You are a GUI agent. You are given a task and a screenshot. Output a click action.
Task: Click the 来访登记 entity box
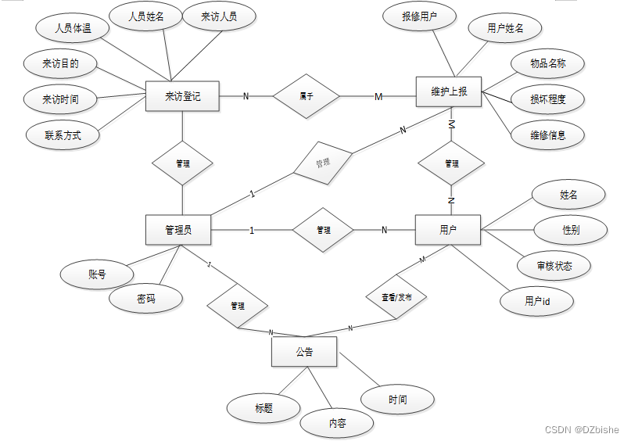coord(182,96)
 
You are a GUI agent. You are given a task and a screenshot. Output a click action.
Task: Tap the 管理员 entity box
coord(178,230)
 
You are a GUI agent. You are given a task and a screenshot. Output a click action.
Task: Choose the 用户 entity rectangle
coord(447,230)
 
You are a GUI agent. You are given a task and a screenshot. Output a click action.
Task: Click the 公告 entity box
coord(304,352)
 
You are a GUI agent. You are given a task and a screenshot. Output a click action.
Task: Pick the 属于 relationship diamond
coord(307,96)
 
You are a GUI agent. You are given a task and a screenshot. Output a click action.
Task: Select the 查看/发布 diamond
coord(396,297)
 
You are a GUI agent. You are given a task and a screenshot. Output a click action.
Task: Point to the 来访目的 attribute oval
coord(60,63)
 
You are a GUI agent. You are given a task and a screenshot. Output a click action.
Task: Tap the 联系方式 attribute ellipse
coord(63,135)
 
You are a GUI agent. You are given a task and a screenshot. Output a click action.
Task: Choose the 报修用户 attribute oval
coord(420,16)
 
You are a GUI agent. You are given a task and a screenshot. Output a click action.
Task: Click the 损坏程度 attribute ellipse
coord(547,99)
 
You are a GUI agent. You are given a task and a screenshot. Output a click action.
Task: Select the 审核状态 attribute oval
coord(554,266)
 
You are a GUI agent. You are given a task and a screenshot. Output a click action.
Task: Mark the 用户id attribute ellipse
coord(537,300)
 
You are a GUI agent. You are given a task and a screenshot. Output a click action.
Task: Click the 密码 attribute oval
coord(146,299)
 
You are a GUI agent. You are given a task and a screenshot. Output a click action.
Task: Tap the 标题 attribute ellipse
coord(264,407)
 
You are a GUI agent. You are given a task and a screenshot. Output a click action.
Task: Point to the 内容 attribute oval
coord(337,423)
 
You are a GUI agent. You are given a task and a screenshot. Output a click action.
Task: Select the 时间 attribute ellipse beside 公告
coord(397,400)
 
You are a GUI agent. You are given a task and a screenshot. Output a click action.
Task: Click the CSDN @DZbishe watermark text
coord(581,429)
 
